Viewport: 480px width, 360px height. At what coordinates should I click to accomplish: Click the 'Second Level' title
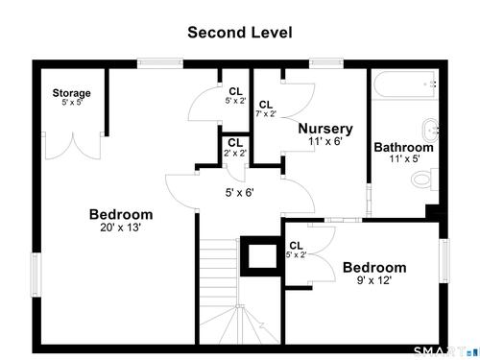[x=240, y=33]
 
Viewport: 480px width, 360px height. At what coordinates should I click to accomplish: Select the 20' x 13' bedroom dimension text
[x=121, y=228]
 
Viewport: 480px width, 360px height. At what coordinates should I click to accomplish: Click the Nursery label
[x=325, y=129]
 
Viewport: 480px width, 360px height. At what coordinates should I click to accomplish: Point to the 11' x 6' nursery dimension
[x=325, y=141]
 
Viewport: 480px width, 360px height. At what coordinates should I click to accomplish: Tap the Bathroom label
[x=404, y=147]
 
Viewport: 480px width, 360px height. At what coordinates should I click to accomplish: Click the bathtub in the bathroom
[x=405, y=84]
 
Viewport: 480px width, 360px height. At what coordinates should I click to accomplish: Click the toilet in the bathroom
[x=424, y=180]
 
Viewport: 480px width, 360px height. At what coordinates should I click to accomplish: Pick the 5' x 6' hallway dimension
[x=240, y=193]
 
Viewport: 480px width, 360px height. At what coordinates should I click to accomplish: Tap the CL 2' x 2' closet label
[x=235, y=147]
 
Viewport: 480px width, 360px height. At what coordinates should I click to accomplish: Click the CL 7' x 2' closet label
[x=266, y=108]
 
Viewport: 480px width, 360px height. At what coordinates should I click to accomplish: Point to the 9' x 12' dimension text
[x=374, y=280]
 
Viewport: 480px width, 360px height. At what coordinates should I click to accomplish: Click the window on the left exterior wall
[x=36, y=275]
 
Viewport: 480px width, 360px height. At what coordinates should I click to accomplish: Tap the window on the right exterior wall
[x=444, y=261]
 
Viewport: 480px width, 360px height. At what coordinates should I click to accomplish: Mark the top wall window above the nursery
[x=326, y=63]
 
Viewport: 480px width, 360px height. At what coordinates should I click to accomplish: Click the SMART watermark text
[x=440, y=352]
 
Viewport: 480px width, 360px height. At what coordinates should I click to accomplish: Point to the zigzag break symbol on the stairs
[x=261, y=326]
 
